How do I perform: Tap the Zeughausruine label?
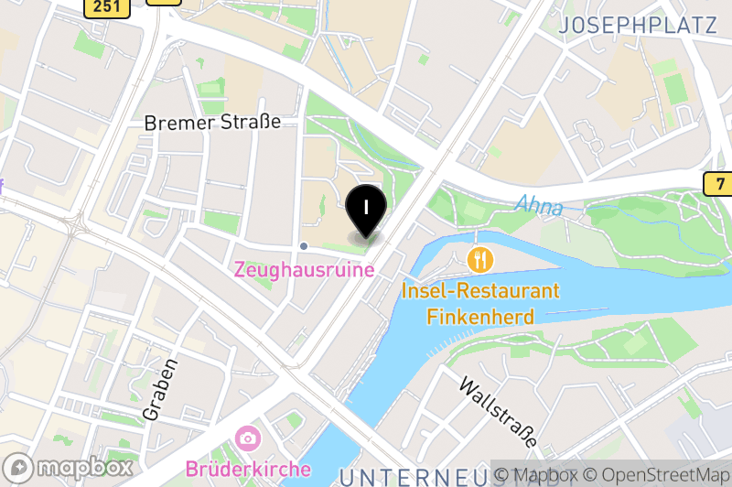tap(304, 270)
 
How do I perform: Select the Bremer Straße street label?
tap(212, 122)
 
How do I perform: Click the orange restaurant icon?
tap(480, 259)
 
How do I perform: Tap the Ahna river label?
tap(538, 206)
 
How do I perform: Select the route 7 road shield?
tap(720, 184)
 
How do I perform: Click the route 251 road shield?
tap(106, 6)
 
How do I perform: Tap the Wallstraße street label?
tap(498, 411)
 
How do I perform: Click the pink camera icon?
tap(246, 438)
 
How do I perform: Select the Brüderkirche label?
tap(248, 469)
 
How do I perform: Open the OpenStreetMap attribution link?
tap(658, 475)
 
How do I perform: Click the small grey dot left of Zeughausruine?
tap(304, 245)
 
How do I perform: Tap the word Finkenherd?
tap(480, 317)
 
